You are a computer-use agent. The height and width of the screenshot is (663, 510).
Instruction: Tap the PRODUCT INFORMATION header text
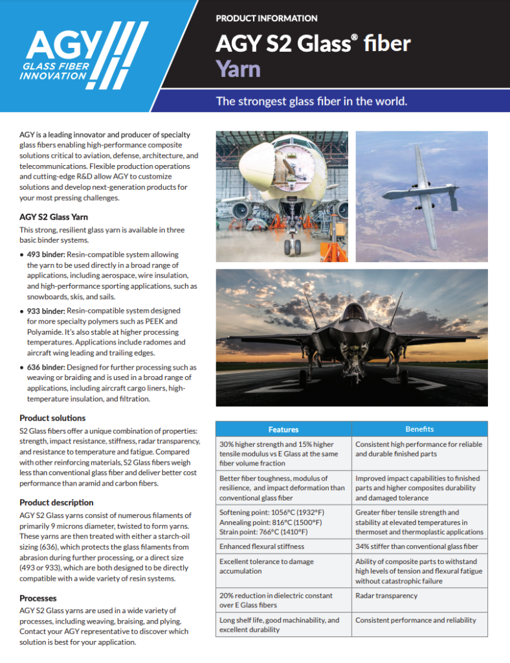click(266, 19)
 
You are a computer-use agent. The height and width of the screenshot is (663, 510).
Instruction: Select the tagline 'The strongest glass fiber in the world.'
click(311, 102)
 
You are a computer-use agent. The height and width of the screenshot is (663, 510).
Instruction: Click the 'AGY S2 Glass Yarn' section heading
click(54, 216)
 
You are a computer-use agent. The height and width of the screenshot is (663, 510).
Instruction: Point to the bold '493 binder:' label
click(46, 254)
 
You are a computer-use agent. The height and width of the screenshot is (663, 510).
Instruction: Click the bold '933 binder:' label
click(46, 311)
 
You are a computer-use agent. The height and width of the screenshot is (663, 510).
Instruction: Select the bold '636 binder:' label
click(46, 367)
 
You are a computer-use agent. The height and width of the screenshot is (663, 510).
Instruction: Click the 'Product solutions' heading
click(52, 418)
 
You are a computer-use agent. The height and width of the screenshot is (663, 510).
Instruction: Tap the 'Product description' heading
click(56, 502)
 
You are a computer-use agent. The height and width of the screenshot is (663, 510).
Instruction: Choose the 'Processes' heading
click(38, 598)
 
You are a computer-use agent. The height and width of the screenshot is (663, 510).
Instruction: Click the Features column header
click(283, 429)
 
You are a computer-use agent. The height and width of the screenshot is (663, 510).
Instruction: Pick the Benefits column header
click(419, 429)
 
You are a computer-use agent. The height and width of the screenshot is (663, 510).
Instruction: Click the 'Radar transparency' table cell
click(386, 596)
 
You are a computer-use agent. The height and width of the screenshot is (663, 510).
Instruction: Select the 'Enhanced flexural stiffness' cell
click(261, 546)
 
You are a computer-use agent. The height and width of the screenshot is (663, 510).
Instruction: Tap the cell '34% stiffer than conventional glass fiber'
click(417, 546)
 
